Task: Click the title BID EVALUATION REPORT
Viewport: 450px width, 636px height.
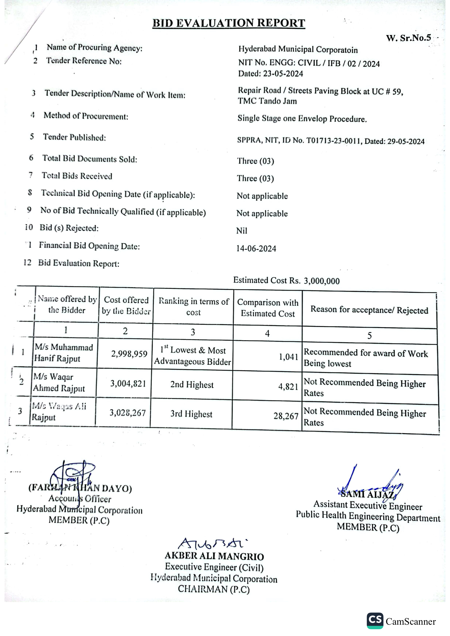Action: pyautogui.click(x=229, y=23)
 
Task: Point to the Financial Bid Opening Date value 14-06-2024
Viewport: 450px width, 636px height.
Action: pyautogui.click(x=256, y=249)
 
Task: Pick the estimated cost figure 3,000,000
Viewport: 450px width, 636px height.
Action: pyautogui.click(x=321, y=281)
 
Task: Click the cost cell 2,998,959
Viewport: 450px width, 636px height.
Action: pyautogui.click(x=129, y=354)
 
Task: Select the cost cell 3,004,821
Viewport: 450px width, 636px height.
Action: pyautogui.click(x=128, y=383)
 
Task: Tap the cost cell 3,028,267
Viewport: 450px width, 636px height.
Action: pyautogui.click(x=127, y=413)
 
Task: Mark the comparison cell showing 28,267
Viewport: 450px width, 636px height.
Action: pyautogui.click(x=286, y=416)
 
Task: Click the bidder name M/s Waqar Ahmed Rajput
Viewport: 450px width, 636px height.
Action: pyautogui.click(x=59, y=382)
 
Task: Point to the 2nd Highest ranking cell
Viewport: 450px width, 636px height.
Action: pyautogui.click(x=192, y=384)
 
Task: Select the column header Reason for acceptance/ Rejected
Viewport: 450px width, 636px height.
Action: pyautogui.click(x=369, y=310)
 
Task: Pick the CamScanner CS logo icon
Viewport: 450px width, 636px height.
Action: pyautogui.click(x=375, y=621)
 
